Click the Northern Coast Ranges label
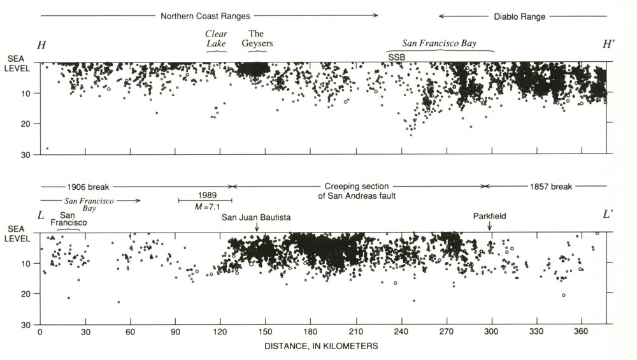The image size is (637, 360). [204, 16]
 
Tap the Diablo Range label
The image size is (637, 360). [520, 17]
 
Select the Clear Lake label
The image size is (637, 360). [217, 38]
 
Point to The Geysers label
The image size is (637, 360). [257, 38]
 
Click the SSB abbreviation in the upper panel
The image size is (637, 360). [397, 57]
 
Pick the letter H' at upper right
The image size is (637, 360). [609, 44]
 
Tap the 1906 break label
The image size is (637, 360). [88, 187]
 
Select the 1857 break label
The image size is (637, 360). [551, 187]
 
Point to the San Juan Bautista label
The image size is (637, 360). [256, 217]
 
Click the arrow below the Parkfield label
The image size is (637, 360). [490, 226]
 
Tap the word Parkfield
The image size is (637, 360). [489, 217]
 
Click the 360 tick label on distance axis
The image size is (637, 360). [580, 332]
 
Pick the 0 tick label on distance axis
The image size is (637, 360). [40, 332]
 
